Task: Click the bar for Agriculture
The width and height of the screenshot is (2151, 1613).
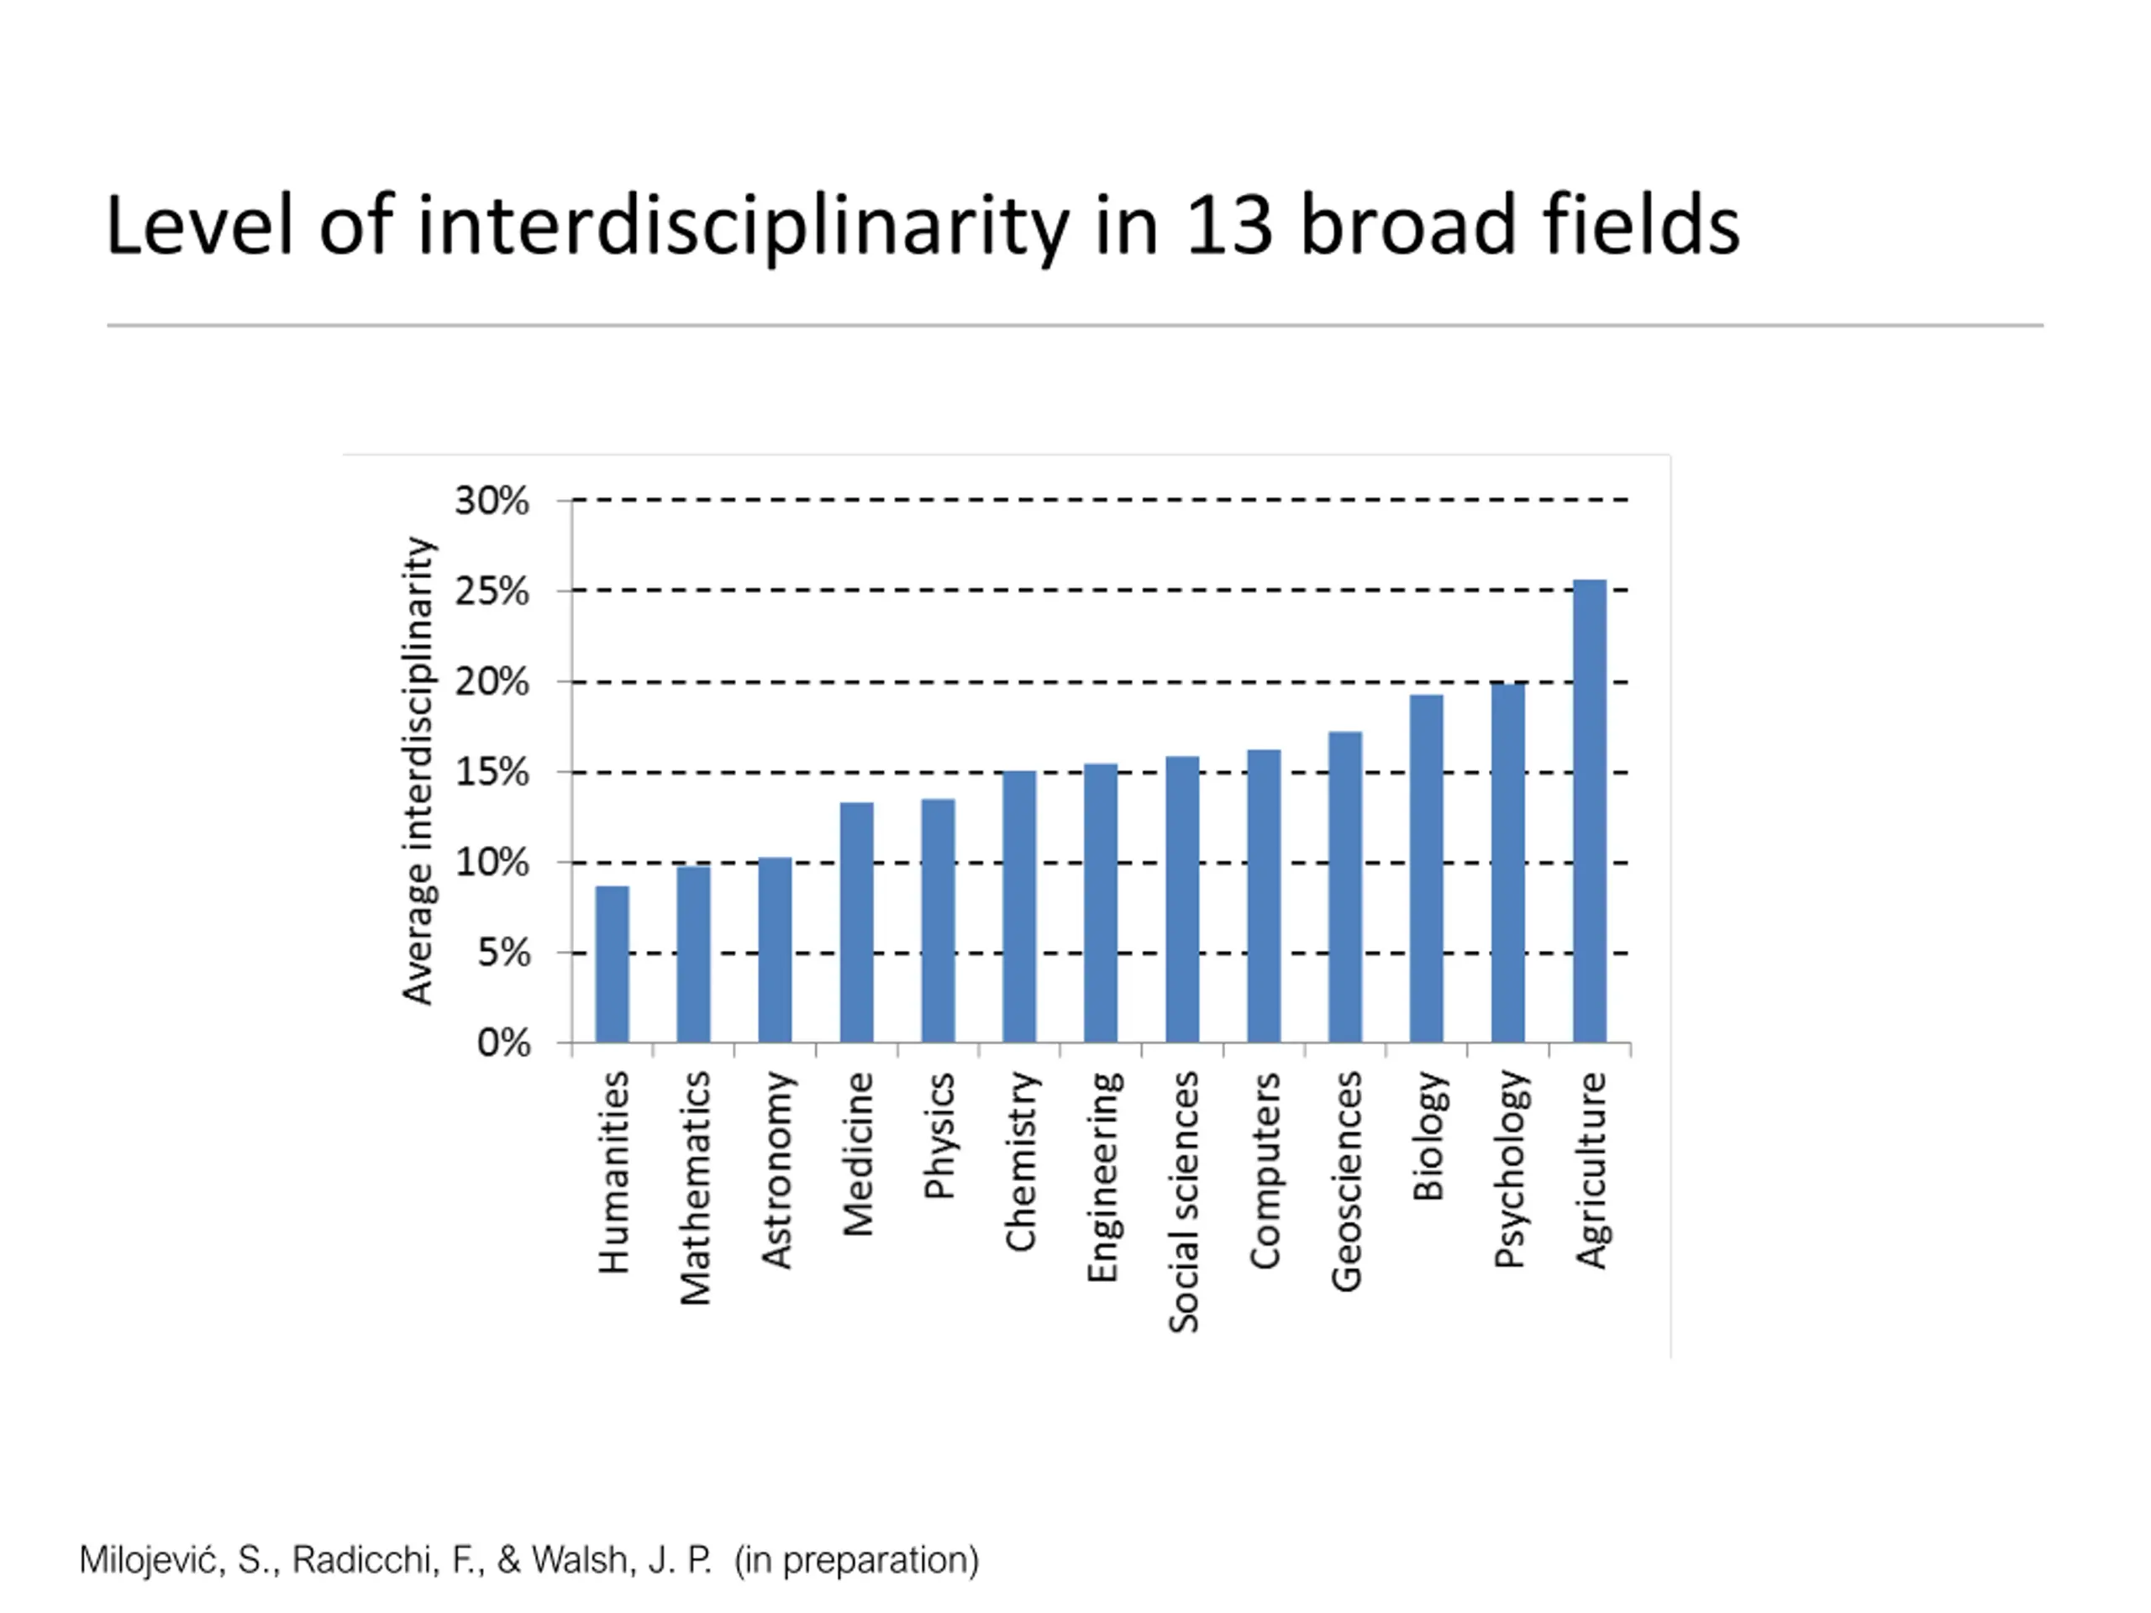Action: click(x=1589, y=811)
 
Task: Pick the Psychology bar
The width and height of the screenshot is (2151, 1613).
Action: click(x=1508, y=864)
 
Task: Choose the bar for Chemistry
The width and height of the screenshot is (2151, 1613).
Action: click(x=1019, y=906)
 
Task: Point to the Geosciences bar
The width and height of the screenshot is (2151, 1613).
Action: click(x=1345, y=886)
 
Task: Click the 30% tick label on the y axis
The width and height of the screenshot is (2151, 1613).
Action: click(x=492, y=502)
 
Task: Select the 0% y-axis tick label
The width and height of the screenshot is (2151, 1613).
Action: click(x=503, y=1043)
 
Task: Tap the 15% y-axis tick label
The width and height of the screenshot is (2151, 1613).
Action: click(x=492, y=773)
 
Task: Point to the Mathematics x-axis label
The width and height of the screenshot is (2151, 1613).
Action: click(x=694, y=1187)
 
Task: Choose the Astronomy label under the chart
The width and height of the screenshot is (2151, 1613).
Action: click(x=776, y=1170)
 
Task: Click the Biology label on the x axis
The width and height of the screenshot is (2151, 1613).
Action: click(x=1427, y=1136)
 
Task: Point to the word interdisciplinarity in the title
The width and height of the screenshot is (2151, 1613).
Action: click(x=743, y=228)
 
